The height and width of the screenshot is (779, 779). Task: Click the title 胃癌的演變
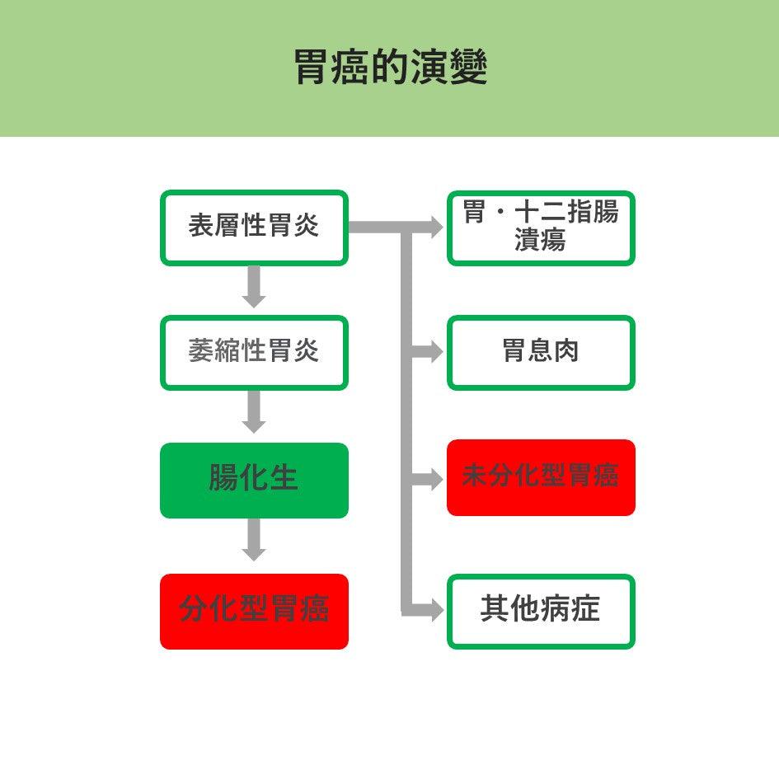tap(390, 68)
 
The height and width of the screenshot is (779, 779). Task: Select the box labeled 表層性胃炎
tap(254, 228)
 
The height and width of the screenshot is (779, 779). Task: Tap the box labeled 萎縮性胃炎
tap(254, 352)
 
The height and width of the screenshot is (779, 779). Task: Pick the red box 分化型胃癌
tap(254, 611)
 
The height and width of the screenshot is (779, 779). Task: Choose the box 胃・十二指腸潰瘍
tap(541, 228)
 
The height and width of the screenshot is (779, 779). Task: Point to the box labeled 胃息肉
tap(541, 352)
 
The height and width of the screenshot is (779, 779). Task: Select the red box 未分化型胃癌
tap(541, 477)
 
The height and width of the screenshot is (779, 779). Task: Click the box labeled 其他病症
tap(541, 611)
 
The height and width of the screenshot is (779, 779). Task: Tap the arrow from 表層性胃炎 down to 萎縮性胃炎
tap(254, 288)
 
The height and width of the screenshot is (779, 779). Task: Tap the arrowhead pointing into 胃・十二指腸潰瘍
tap(435, 227)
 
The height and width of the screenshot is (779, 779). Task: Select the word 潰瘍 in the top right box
tap(541, 241)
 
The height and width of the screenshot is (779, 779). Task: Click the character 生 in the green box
tap(284, 478)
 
